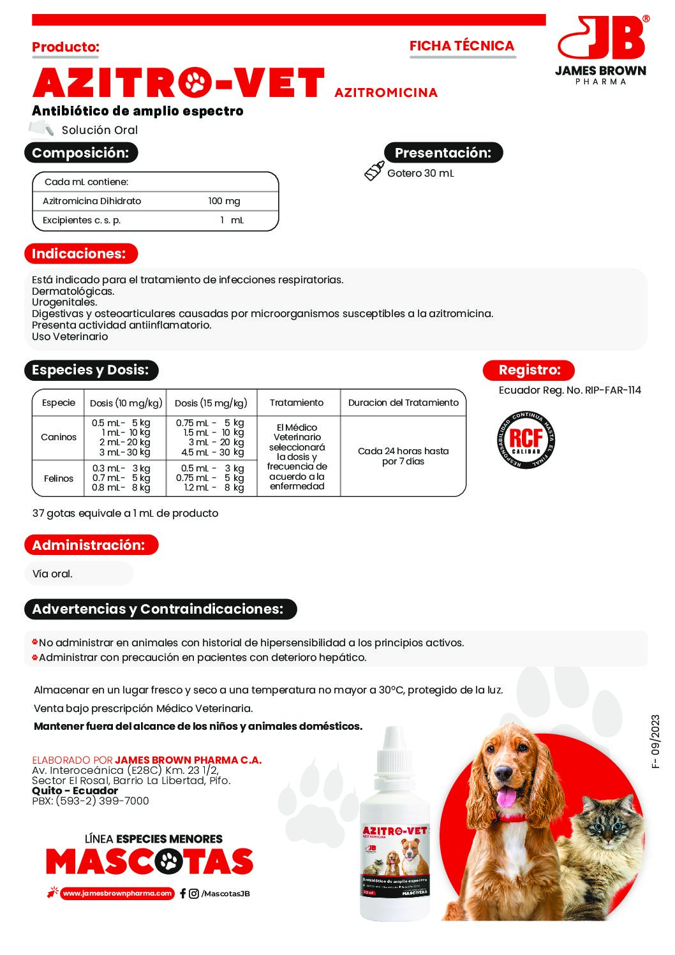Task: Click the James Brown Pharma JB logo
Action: (600, 50)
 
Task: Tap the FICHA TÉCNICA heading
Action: (462, 46)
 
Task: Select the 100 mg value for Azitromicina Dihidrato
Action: (224, 201)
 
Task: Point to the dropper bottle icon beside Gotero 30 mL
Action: (374, 171)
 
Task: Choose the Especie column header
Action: (59, 403)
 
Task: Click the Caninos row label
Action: (59, 437)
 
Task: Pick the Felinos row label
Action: (59, 478)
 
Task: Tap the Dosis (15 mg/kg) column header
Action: (211, 403)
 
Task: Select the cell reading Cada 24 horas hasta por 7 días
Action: (403, 456)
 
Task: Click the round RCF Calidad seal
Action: (526, 440)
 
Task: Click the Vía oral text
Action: (52, 574)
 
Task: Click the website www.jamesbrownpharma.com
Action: (117, 893)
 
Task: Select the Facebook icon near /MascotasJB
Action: (183, 893)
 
